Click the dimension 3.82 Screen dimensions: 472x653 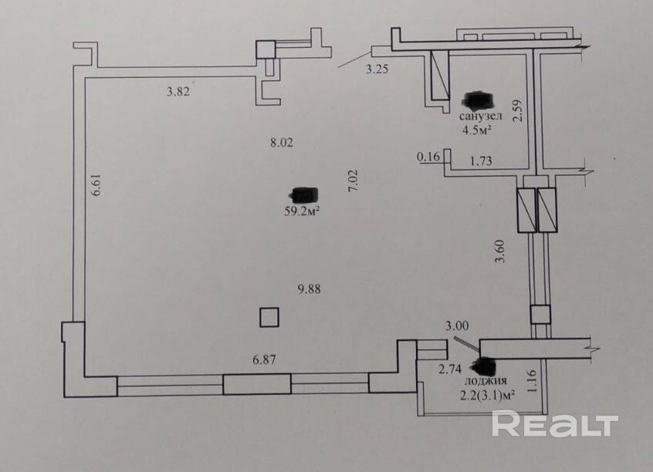[x=178, y=91]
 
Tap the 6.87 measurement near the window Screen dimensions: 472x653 [x=265, y=359]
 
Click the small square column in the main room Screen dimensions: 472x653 [x=269, y=318]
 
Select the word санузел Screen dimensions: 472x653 [x=481, y=116]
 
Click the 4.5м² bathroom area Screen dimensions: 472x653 [x=477, y=130]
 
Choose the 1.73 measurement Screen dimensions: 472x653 [x=482, y=160]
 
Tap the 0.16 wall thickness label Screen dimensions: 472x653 [x=428, y=157]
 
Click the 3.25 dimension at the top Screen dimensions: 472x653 [x=377, y=70]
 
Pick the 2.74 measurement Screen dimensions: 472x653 [x=450, y=369]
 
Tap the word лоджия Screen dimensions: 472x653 [x=485, y=381]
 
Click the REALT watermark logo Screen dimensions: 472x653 [x=555, y=424]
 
